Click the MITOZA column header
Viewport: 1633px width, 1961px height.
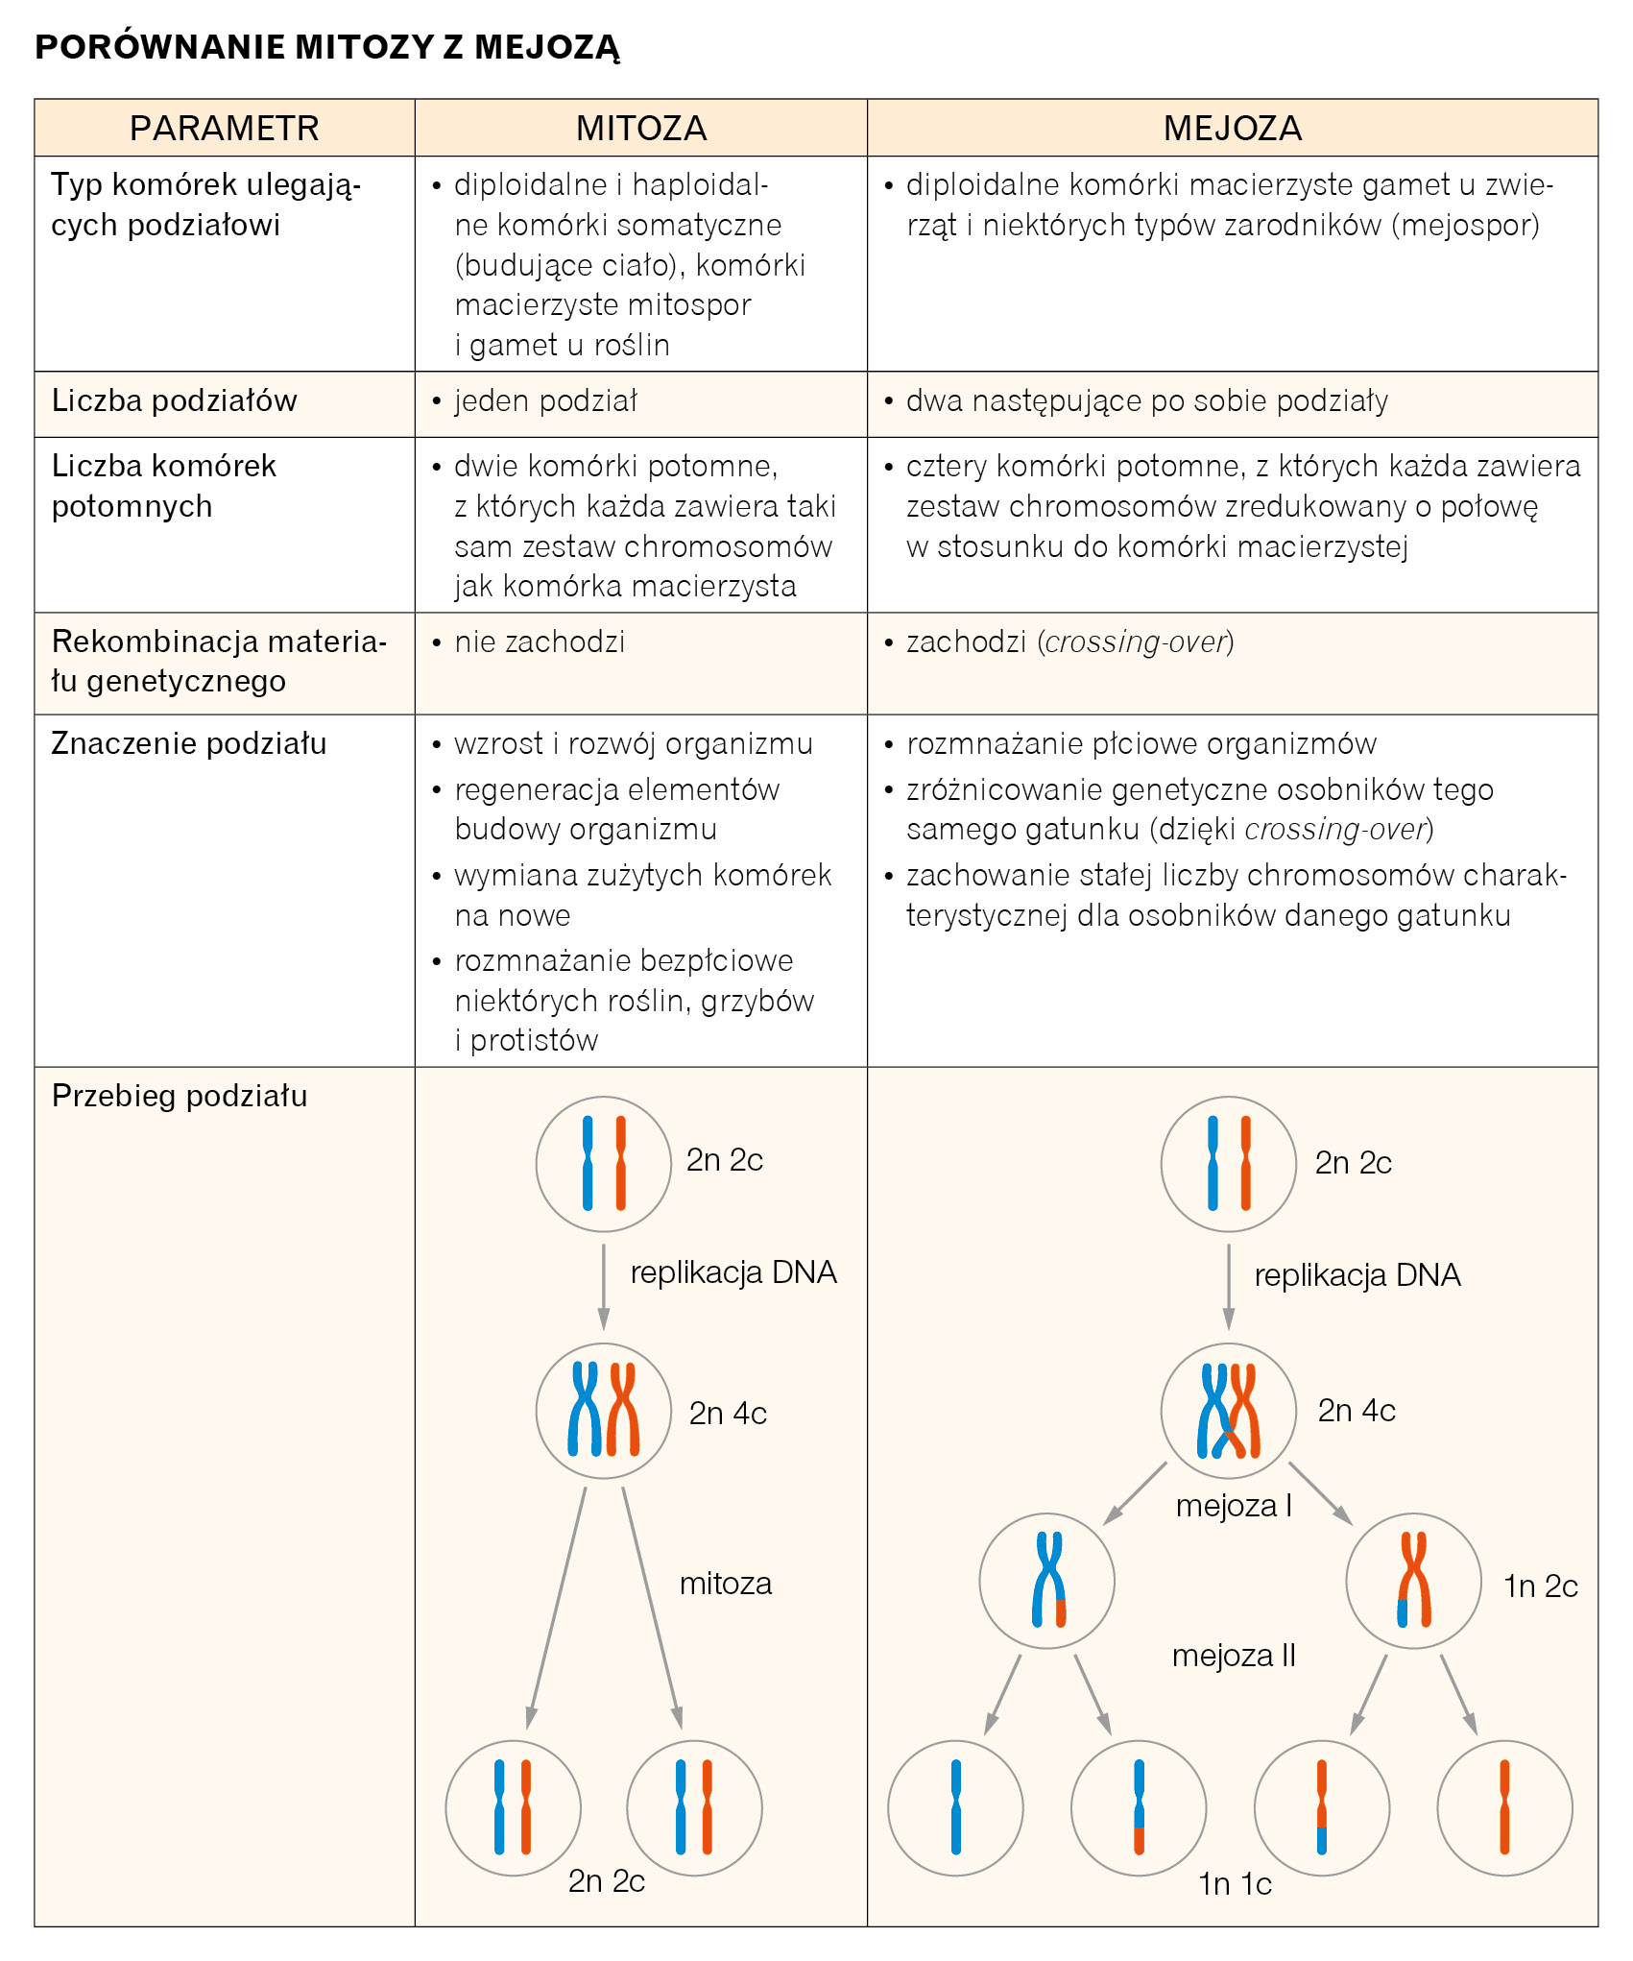coord(640,128)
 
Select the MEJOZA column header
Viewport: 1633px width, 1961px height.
coord(1232,128)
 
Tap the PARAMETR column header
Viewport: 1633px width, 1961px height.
coord(224,128)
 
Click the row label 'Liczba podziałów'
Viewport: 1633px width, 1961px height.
coord(174,400)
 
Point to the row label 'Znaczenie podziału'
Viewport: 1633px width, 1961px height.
coord(188,743)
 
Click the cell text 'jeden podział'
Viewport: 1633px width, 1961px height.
coord(545,400)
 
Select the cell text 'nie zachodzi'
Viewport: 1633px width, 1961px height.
coord(540,642)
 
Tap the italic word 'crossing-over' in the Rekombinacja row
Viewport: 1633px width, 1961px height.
coord(1137,642)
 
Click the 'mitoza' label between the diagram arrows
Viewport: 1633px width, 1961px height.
coord(725,1584)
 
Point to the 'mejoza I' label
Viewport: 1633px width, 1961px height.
coord(1234,1506)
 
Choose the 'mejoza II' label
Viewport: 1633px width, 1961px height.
coord(1234,1656)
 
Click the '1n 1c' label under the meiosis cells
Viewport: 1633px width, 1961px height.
coord(1235,1884)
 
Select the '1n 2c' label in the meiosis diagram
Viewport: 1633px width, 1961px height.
coord(1540,1586)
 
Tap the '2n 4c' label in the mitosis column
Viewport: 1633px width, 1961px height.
coord(728,1414)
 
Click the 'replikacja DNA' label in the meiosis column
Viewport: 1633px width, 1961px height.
coord(1357,1275)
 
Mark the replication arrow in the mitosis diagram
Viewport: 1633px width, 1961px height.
coord(603,1287)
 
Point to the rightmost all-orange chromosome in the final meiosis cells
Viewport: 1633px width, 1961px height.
coord(1504,1806)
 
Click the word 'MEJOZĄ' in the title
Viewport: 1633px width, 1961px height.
coord(547,47)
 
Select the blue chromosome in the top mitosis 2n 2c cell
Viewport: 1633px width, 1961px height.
coord(588,1163)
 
